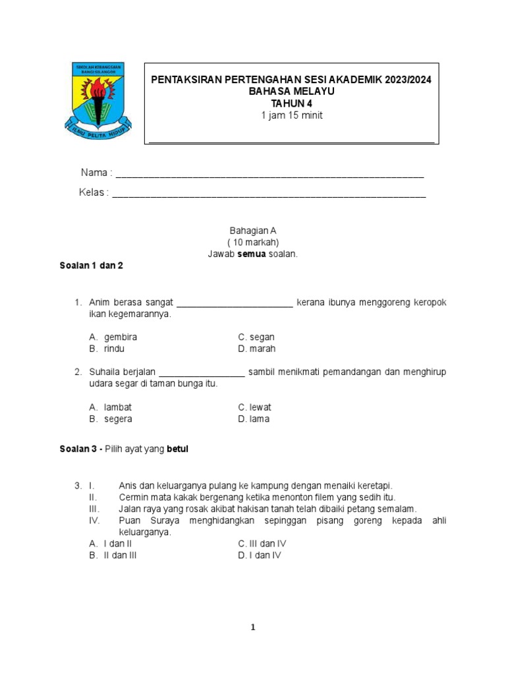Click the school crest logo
coord(98,100)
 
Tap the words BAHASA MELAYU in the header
coord(291,92)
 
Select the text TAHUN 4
coord(291,103)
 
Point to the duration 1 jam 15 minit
coord(291,115)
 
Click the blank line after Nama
coord(269,175)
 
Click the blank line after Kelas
coord(269,194)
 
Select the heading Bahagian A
coord(253,231)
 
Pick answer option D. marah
coord(257,349)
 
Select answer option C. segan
coord(256,337)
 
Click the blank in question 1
coord(235,303)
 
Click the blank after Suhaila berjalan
coord(202,373)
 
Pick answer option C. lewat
coord(254,407)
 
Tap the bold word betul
coord(177,449)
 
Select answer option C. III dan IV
coord(262,544)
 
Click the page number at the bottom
coord(253,628)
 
